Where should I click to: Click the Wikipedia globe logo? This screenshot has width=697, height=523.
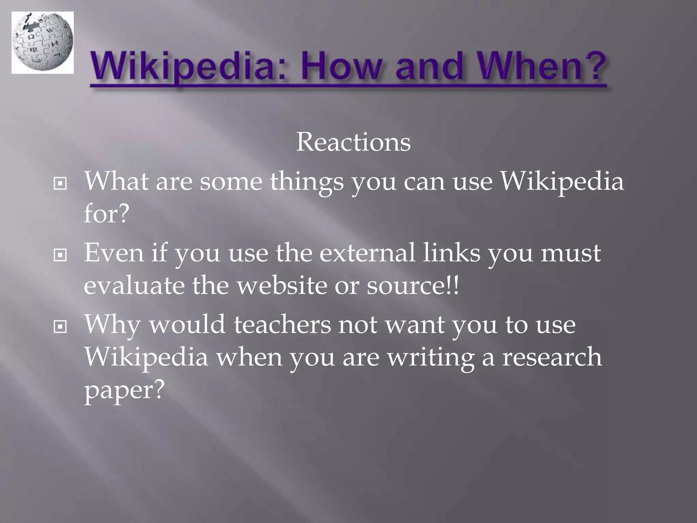coord(43,43)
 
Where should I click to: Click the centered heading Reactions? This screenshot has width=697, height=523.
coord(353,142)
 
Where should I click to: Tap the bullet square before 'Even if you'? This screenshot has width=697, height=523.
coord(60,255)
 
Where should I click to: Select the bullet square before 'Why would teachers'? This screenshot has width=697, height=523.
coord(60,327)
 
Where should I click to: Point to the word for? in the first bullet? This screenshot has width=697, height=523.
coord(107,213)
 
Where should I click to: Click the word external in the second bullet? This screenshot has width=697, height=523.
coord(367,253)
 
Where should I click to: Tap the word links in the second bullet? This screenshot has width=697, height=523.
coord(451,253)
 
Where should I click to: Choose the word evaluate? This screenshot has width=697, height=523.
coord(134,285)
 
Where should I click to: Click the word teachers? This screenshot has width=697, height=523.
coord(282,324)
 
